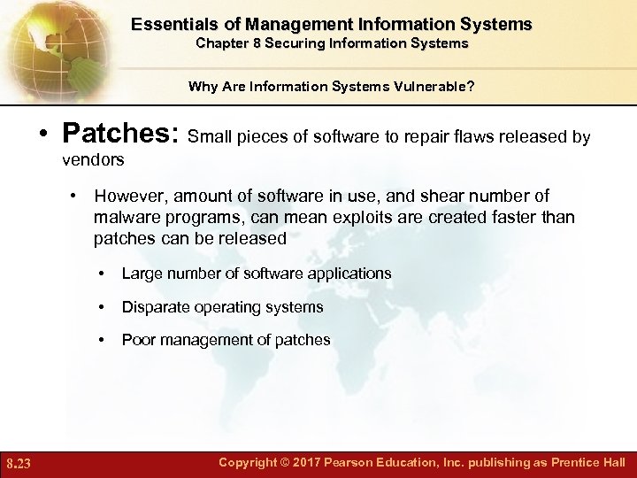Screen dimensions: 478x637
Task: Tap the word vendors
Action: (x=93, y=160)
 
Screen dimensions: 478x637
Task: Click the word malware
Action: (x=123, y=217)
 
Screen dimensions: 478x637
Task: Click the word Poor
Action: (x=137, y=340)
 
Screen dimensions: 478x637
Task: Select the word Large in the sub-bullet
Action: (x=140, y=274)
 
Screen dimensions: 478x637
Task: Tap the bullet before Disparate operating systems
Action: (x=104, y=307)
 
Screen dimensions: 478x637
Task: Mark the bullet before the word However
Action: (x=78, y=196)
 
